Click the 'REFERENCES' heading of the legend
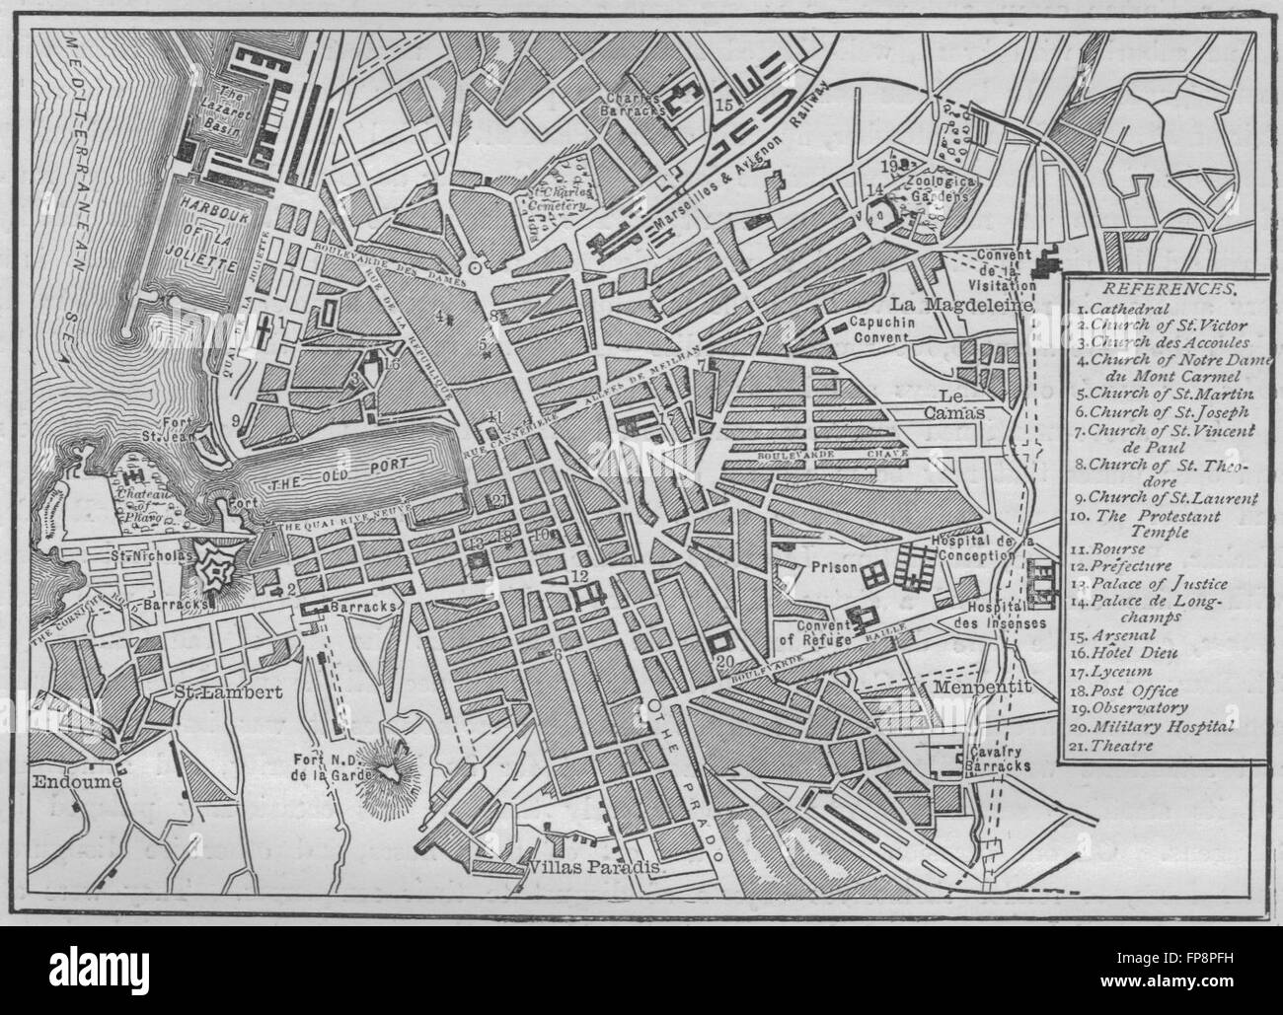point(1160,290)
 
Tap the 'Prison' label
point(827,568)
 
